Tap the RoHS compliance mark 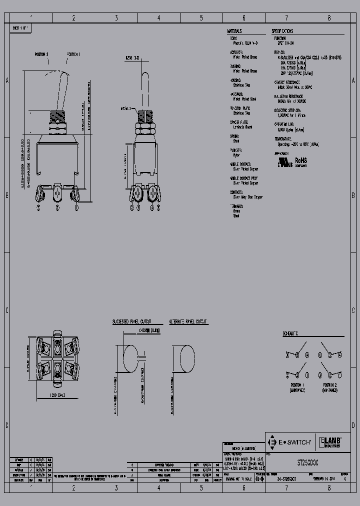click(301, 161)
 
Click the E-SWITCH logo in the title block click(291, 442)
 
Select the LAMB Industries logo click(330, 442)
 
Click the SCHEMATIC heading click(290, 333)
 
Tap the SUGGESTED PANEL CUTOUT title click(131, 322)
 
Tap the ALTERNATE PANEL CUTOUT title click(188, 322)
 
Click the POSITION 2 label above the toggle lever click(42, 53)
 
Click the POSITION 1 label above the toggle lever click(73, 53)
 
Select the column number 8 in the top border click(329, 17)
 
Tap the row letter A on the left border click(6, 80)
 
